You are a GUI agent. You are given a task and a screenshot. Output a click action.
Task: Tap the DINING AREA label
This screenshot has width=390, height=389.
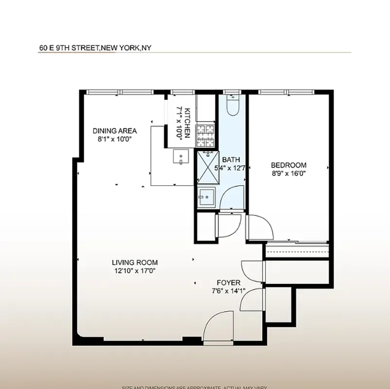pyautogui.click(x=115, y=131)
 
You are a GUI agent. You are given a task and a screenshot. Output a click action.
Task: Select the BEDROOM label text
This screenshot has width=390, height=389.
pyautogui.click(x=288, y=165)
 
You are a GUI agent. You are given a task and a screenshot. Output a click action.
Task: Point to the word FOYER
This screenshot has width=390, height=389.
pyautogui.click(x=229, y=283)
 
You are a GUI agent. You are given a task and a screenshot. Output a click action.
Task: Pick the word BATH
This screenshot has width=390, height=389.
pyautogui.click(x=230, y=159)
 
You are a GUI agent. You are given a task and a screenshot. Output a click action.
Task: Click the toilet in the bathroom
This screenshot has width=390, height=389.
pyautogui.click(x=232, y=104)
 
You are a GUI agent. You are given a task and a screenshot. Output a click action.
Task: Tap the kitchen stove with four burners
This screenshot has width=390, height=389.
pyautogui.click(x=205, y=135)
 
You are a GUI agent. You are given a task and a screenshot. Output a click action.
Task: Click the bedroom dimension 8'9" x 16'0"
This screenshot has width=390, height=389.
pyautogui.click(x=288, y=173)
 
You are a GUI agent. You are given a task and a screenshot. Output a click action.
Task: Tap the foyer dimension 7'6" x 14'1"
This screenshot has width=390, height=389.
pyautogui.click(x=229, y=291)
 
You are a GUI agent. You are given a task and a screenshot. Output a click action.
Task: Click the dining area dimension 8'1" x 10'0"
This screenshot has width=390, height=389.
pyautogui.click(x=115, y=139)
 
